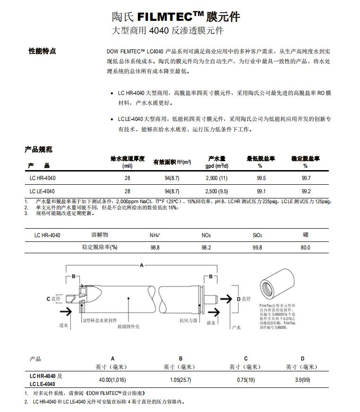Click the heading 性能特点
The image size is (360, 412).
[42, 51]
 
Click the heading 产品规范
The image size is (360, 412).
[38, 150]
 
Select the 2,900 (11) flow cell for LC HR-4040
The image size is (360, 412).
[216, 178]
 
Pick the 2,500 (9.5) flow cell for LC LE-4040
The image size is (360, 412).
[216, 191]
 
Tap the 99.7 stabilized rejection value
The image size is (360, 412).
[306, 178]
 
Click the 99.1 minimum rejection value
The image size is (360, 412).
[261, 191]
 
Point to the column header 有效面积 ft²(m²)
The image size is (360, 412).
[172, 162]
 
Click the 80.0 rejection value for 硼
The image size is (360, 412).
[306, 248]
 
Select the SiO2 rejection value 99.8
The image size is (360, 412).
[257, 248]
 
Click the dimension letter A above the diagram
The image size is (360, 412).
[141, 266]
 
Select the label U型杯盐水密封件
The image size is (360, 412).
[100, 320]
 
